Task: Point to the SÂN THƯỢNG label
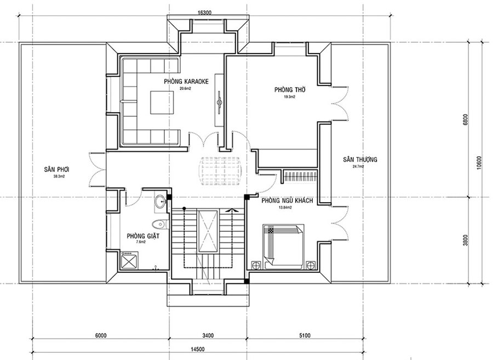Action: tap(360, 159)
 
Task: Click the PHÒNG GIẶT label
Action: tap(139, 236)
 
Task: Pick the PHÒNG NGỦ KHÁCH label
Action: tap(287, 201)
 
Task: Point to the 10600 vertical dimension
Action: tap(478, 162)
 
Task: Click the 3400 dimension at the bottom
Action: tap(207, 335)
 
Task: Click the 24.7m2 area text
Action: tap(359, 167)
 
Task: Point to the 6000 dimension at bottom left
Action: tap(100, 335)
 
